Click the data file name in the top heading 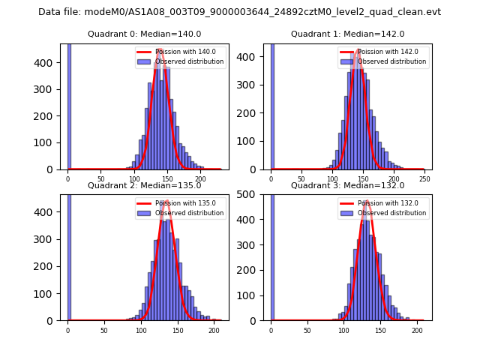click(x=239, y=12)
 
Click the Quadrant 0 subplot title click(x=144, y=34)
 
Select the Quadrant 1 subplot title click(x=347, y=34)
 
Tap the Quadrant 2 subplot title click(x=144, y=185)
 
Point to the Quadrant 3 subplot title click(x=347, y=185)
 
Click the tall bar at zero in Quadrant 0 click(x=69, y=105)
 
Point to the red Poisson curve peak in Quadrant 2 click(x=166, y=202)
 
